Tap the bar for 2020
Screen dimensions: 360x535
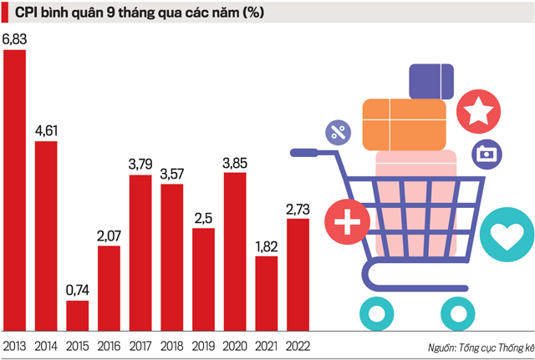[x=235, y=251]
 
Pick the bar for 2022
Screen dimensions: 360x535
[x=298, y=275]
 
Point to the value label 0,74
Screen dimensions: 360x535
[x=77, y=291]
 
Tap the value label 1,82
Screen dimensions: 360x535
[x=266, y=246]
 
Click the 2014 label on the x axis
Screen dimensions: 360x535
[x=46, y=345]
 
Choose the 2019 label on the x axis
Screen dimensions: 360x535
[x=203, y=345]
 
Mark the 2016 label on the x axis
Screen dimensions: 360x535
[x=109, y=345]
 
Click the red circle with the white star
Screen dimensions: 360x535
[x=479, y=109]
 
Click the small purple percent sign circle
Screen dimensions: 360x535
[x=339, y=131]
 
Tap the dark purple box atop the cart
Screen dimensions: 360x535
[x=431, y=81]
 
